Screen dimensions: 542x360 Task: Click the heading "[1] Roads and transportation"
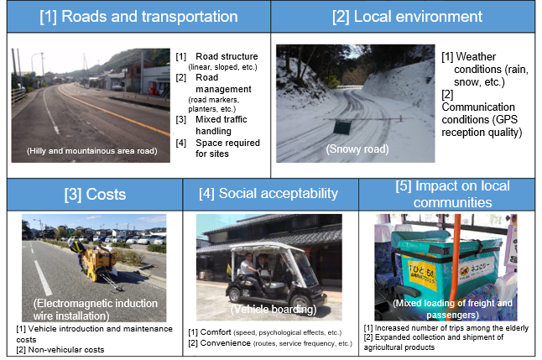[x=138, y=17]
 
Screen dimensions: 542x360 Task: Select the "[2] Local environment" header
[x=407, y=17]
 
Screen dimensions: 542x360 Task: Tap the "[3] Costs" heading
[x=95, y=195]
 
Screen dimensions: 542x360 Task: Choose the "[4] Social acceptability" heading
[x=268, y=193]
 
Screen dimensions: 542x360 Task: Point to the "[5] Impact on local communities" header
[x=453, y=194]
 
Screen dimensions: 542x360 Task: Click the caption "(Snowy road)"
[x=357, y=149]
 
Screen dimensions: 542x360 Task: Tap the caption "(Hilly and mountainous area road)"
[x=92, y=151]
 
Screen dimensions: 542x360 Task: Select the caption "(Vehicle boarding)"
[x=274, y=309]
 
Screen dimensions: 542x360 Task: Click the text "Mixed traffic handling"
[x=221, y=125]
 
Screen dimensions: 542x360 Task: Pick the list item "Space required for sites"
[x=227, y=148]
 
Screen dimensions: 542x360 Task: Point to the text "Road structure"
[x=227, y=56]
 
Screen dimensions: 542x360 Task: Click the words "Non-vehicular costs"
[x=66, y=350]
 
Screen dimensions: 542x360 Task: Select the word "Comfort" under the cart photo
[x=216, y=332]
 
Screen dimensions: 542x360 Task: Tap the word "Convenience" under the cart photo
[x=226, y=343]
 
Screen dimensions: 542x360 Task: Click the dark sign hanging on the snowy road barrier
[x=342, y=127]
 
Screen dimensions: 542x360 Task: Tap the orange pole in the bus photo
[x=456, y=266]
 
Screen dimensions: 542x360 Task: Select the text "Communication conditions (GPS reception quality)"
[x=482, y=119]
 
